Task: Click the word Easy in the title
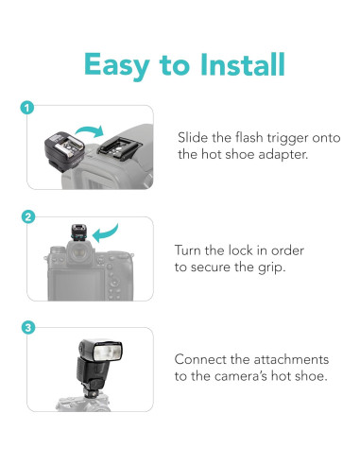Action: [x=116, y=65]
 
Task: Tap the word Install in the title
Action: [x=243, y=64]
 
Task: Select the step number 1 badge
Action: [x=27, y=108]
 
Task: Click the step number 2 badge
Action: [x=28, y=217]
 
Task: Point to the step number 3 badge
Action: [x=28, y=328]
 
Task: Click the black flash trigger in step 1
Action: [x=64, y=151]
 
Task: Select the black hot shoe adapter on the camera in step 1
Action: [x=119, y=147]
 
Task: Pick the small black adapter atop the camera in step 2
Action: [x=78, y=233]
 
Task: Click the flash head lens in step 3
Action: [x=108, y=353]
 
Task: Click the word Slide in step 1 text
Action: [x=189, y=138]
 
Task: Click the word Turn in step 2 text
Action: [x=188, y=250]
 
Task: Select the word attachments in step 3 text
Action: [x=291, y=359]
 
